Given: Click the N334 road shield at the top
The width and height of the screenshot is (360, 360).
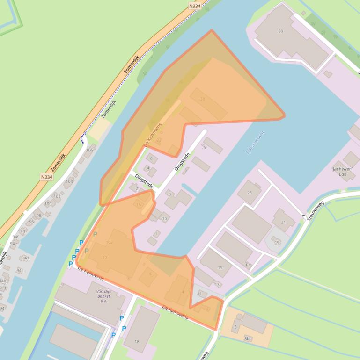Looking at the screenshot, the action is click(195, 6).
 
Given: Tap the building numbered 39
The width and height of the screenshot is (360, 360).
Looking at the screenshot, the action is click(281, 31).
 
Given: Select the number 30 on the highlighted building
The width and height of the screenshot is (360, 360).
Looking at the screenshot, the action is click(202, 99).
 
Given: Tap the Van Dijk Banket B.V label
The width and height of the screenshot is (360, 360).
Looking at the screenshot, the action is click(100, 292).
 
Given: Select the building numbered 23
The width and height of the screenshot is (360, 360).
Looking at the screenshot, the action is click(249, 192).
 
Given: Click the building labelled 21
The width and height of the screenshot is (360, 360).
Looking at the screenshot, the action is click(283, 222).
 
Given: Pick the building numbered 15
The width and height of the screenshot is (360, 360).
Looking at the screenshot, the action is click(220, 267).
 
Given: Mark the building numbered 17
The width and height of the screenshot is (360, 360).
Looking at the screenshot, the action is click(248, 265).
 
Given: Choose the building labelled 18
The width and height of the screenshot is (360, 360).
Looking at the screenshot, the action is click(137, 341).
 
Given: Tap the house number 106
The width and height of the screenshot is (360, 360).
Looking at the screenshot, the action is click(89, 150).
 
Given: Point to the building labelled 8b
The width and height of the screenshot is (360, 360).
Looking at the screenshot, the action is click(247, 338).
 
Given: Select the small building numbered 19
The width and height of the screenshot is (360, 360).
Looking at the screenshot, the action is click(277, 242).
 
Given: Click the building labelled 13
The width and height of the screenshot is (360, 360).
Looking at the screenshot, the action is click(217, 284).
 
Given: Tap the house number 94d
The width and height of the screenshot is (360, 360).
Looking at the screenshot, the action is click(24, 258).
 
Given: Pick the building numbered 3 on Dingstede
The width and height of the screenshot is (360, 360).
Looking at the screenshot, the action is click(169, 194).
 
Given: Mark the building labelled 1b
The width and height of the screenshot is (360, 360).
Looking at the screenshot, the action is click(164, 218).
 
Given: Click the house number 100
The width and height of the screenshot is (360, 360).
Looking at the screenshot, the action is click(48, 204).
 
